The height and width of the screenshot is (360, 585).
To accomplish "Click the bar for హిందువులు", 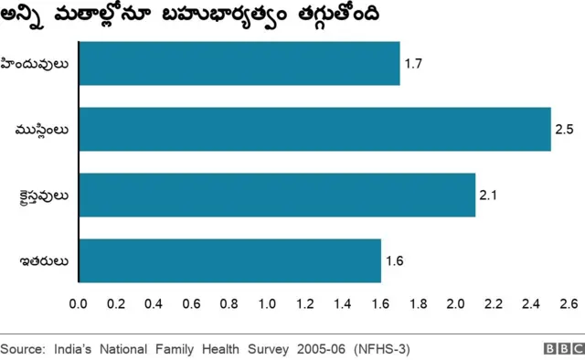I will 239,63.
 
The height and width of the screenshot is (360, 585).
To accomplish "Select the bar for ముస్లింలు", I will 314,129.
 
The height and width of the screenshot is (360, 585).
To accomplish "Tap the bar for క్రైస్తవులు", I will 277,195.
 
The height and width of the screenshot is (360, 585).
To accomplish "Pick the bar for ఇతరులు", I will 229,260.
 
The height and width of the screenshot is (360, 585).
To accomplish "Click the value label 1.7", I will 413,64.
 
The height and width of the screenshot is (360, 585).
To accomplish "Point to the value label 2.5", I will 564,130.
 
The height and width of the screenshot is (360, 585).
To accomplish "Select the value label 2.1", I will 489,196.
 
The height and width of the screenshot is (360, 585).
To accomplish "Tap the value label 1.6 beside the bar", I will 394,261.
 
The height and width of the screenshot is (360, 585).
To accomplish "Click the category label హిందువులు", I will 42,64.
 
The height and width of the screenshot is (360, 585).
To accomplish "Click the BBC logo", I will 562,349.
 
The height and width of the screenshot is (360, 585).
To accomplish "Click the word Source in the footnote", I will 24,349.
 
